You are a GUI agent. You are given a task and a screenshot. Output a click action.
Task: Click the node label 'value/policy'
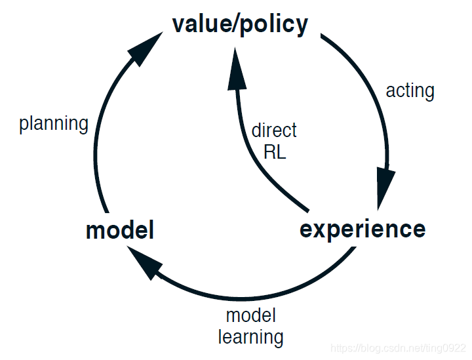click(x=239, y=25)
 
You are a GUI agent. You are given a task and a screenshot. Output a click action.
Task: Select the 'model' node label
click(x=120, y=231)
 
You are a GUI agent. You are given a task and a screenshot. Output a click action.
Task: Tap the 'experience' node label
click(x=363, y=230)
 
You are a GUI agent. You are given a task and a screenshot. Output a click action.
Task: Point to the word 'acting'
click(x=410, y=90)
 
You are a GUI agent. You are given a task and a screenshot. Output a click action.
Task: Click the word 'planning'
click(x=54, y=123)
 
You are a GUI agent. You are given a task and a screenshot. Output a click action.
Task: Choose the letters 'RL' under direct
click(x=275, y=152)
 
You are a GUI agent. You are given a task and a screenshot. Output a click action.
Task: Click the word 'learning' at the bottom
click(x=250, y=337)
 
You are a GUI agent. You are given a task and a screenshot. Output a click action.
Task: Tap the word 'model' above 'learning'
click(x=250, y=315)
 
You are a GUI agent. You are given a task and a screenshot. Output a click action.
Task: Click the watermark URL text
click(x=397, y=347)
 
